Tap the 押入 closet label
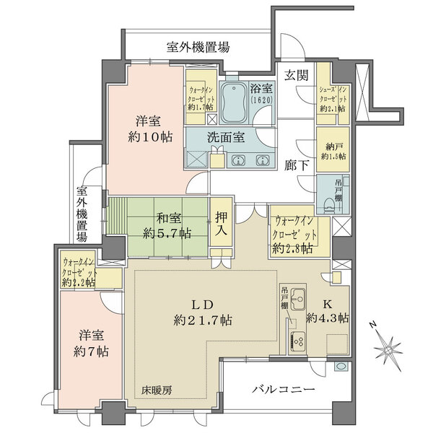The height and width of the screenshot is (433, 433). click(221, 227)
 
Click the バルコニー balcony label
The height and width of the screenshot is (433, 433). click(283, 390)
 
